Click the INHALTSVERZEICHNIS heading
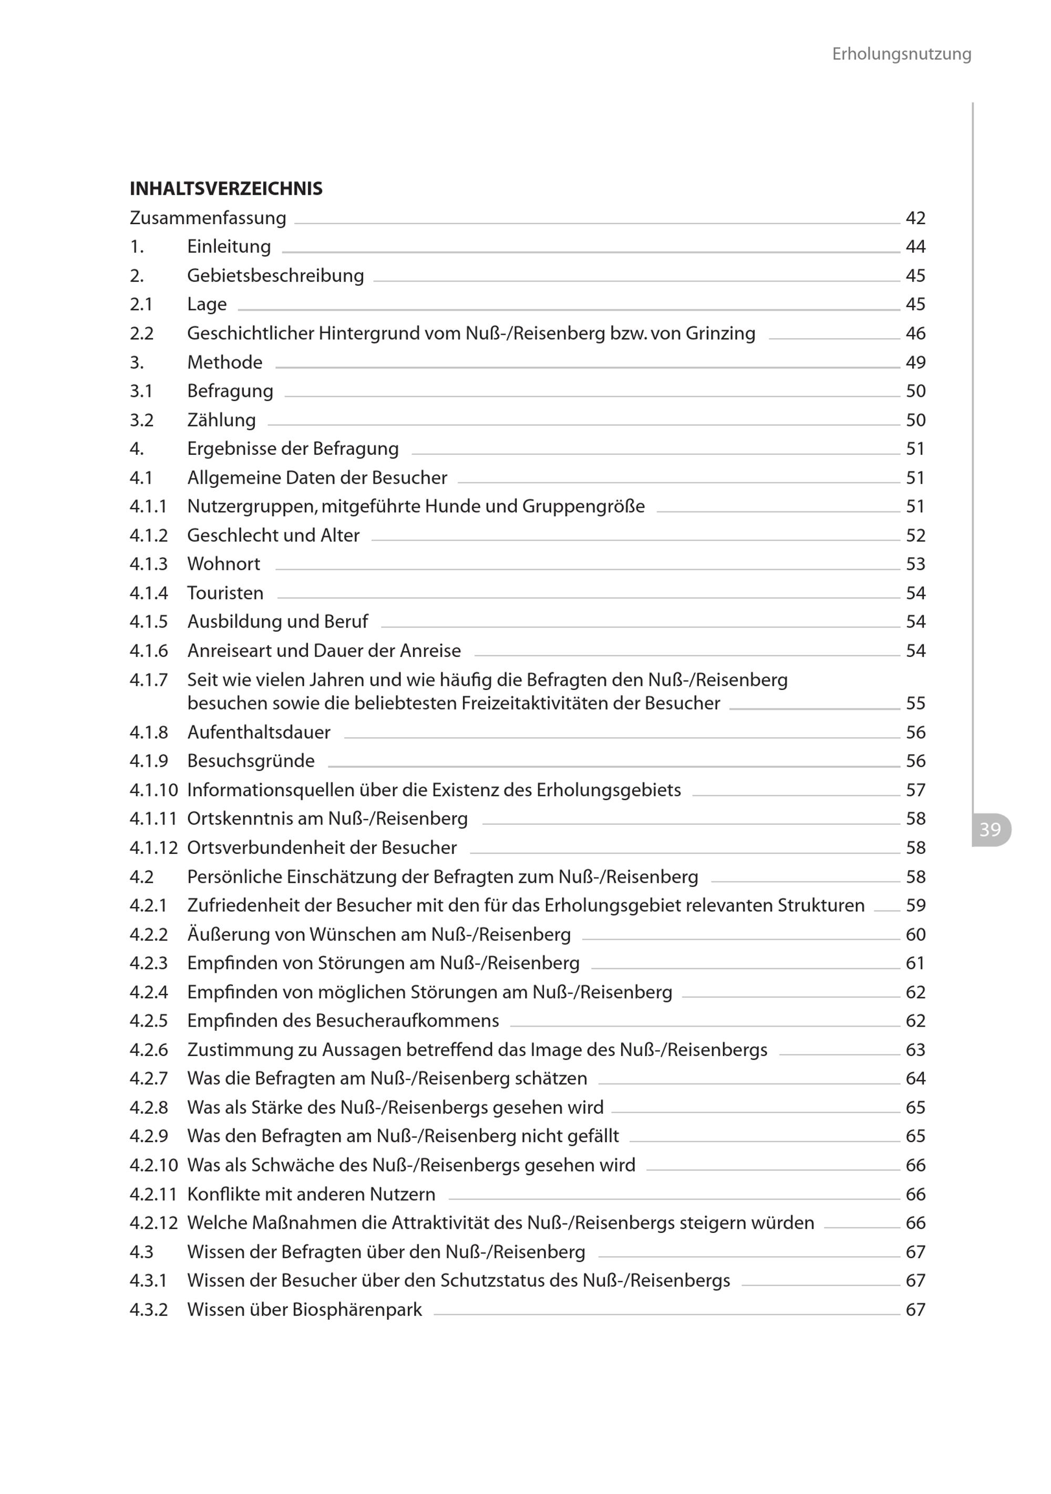[226, 189]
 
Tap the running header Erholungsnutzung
[901, 54]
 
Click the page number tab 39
[990, 830]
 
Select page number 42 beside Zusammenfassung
[915, 218]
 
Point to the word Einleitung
[229, 247]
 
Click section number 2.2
[141, 333]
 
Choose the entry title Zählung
[221, 420]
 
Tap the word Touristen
[225, 593]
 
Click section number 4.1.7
[149, 680]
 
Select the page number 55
[915, 703]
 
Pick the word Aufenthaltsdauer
[259, 732]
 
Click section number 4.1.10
[153, 790]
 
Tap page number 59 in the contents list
[915, 905]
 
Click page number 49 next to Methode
[915, 362]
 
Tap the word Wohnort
[223, 563]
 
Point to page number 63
[915, 1050]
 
